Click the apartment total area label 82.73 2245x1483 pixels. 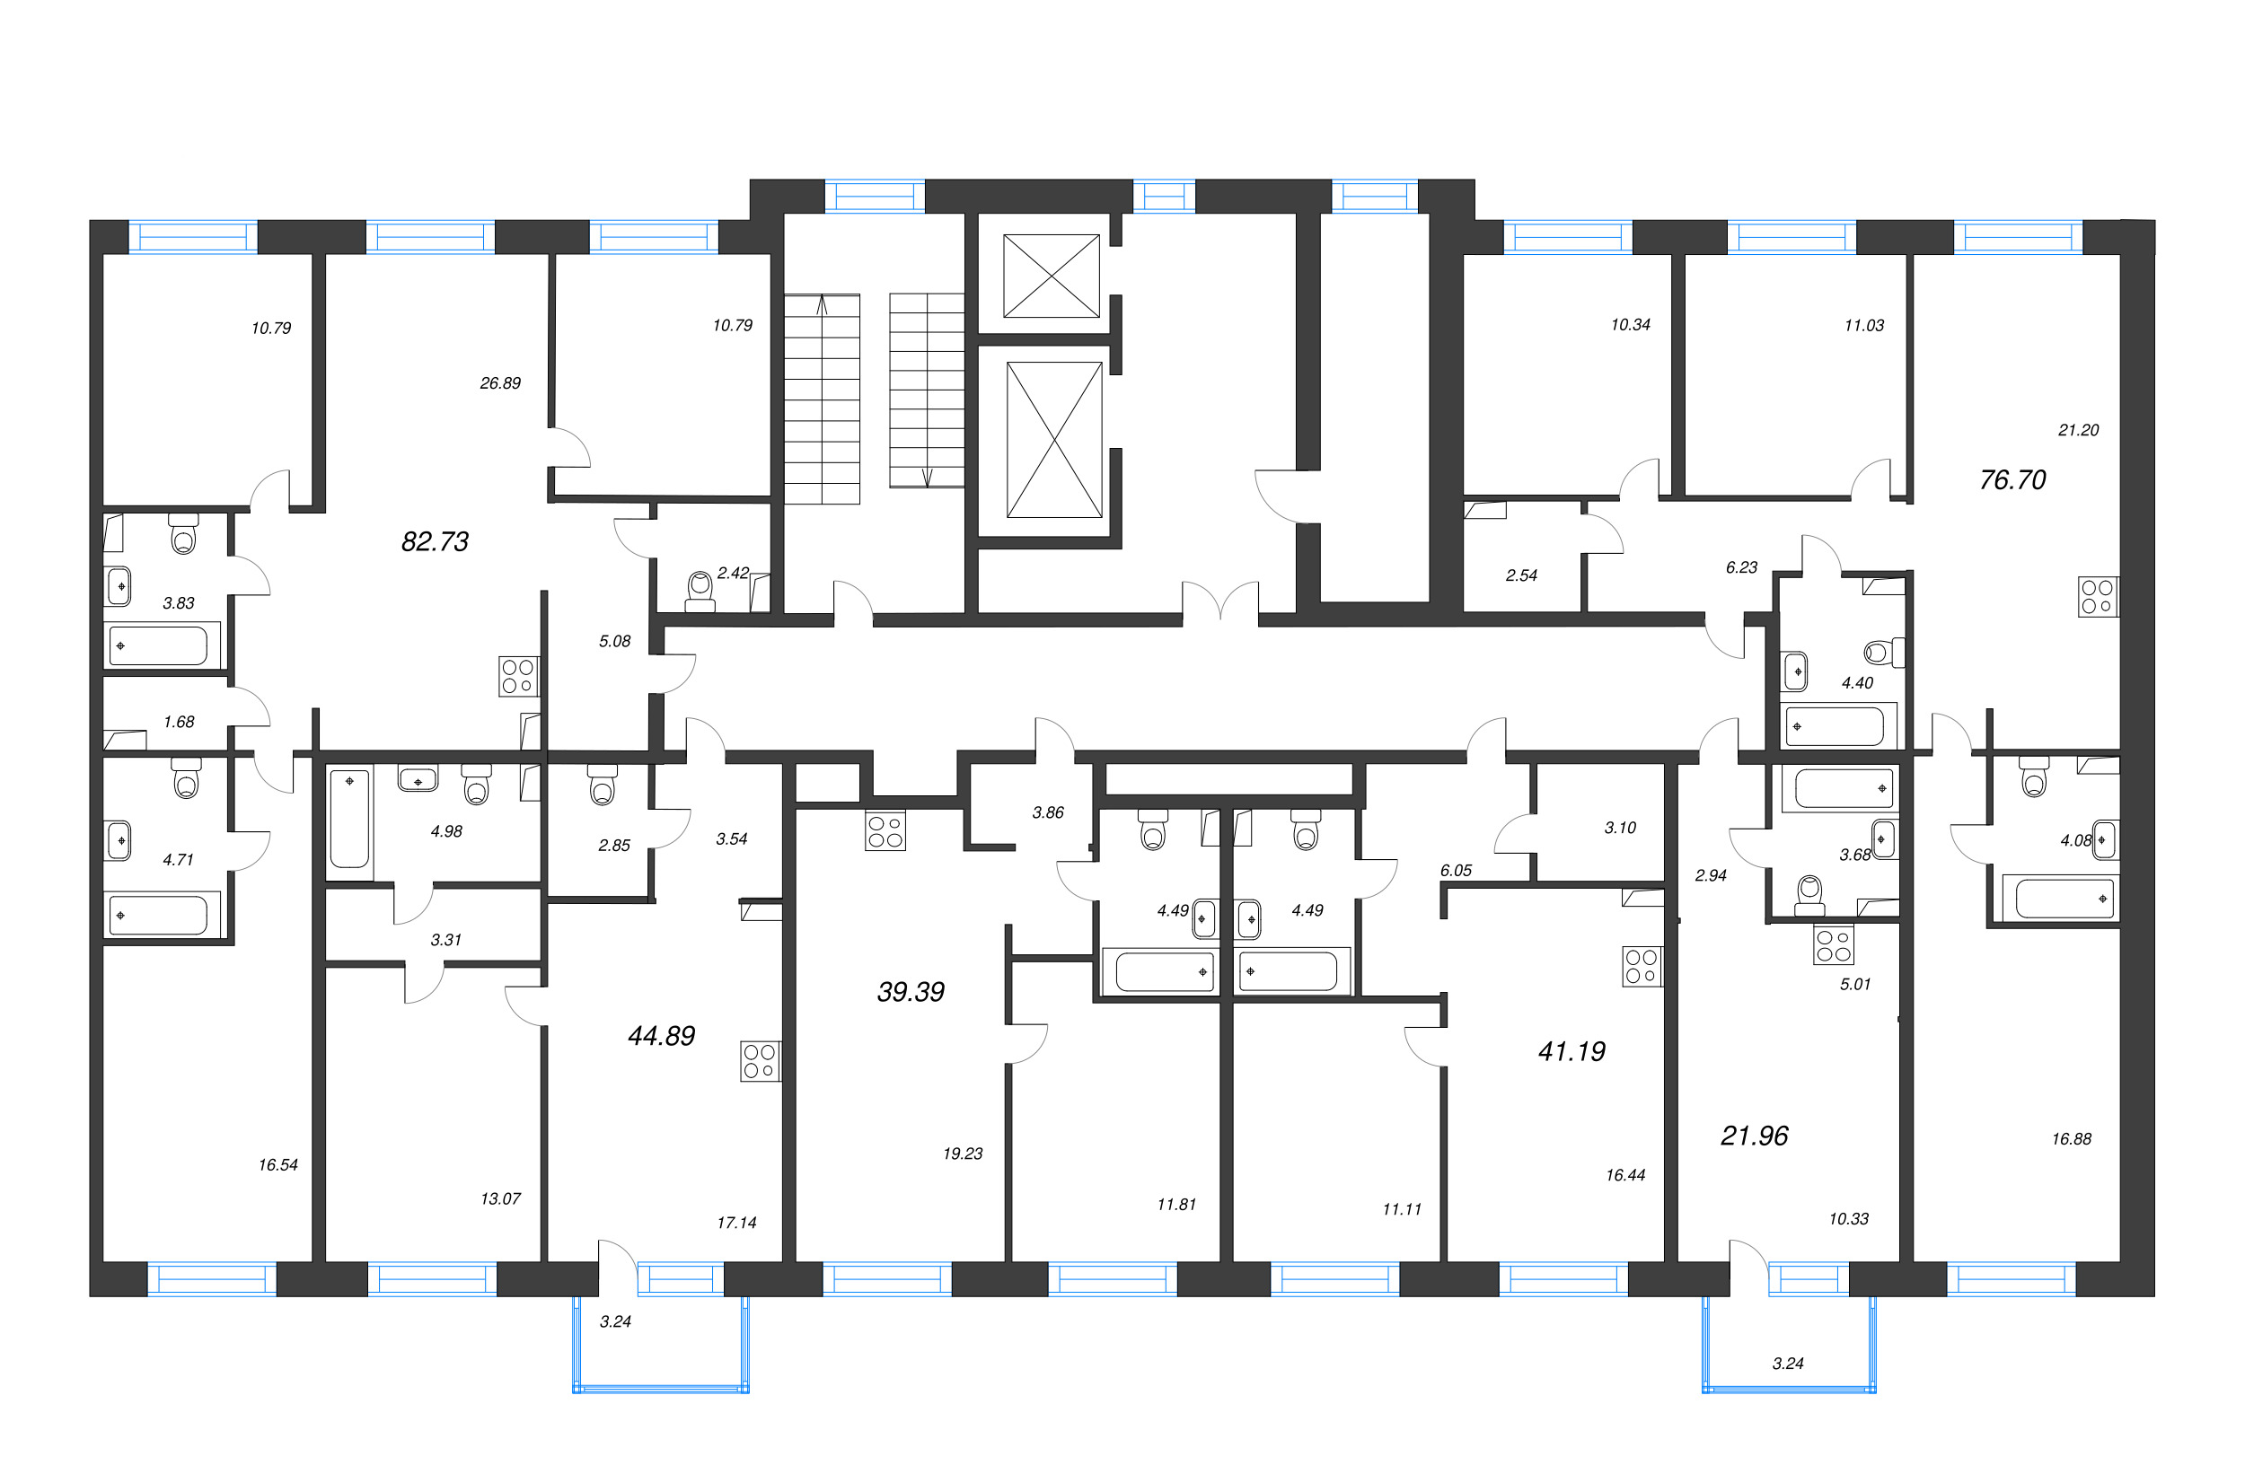tap(436, 542)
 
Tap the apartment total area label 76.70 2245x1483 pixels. tap(2012, 480)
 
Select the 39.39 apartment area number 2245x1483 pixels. tap(911, 992)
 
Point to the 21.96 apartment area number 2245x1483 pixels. tap(1754, 1136)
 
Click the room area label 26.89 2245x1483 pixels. tap(500, 383)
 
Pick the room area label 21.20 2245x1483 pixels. tap(2079, 430)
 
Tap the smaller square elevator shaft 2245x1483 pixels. tap(1051, 276)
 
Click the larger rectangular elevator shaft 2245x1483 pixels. tap(1054, 440)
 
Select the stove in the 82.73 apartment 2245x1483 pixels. tap(519, 676)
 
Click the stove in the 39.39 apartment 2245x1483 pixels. tap(885, 830)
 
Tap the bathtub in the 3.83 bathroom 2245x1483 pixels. tap(162, 646)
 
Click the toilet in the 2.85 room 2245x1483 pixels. tap(602, 784)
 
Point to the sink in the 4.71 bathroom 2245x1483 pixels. tap(119, 841)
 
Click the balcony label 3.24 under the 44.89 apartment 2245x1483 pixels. tap(615, 1321)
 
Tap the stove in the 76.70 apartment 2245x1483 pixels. tap(2098, 597)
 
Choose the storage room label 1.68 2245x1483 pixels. tap(179, 722)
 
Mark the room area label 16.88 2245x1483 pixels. tap(2071, 1138)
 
